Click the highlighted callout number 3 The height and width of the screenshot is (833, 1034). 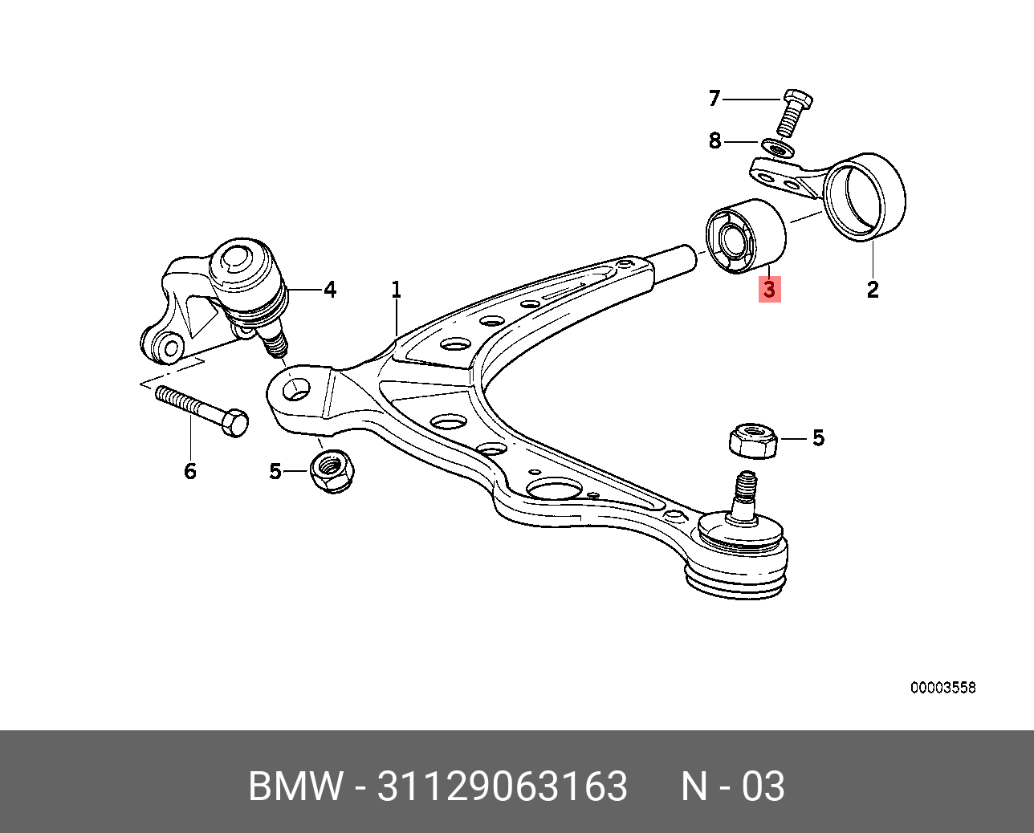(x=769, y=289)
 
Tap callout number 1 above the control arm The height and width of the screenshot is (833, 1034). (x=396, y=290)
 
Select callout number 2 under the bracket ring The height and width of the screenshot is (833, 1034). (x=873, y=289)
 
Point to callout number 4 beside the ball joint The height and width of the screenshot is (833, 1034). (x=330, y=290)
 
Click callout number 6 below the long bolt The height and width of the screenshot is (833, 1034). (x=190, y=471)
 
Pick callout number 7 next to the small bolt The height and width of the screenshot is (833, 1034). (x=714, y=99)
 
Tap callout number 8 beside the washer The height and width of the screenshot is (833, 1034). (x=714, y=141)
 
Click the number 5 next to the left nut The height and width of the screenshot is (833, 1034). (x=275, y=471)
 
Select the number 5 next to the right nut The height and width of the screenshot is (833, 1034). (x=818, y=438)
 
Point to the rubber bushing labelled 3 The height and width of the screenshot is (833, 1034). (x=744, y=236)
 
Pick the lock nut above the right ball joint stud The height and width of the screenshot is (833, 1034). (x=753, y=441)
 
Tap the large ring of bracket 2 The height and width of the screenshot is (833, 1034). (x=865, y=197)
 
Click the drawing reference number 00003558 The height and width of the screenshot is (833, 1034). (x=942, y=688)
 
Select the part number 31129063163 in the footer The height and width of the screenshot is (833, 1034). (x=502, y=786)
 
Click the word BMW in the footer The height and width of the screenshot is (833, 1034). (x=296, y=786)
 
